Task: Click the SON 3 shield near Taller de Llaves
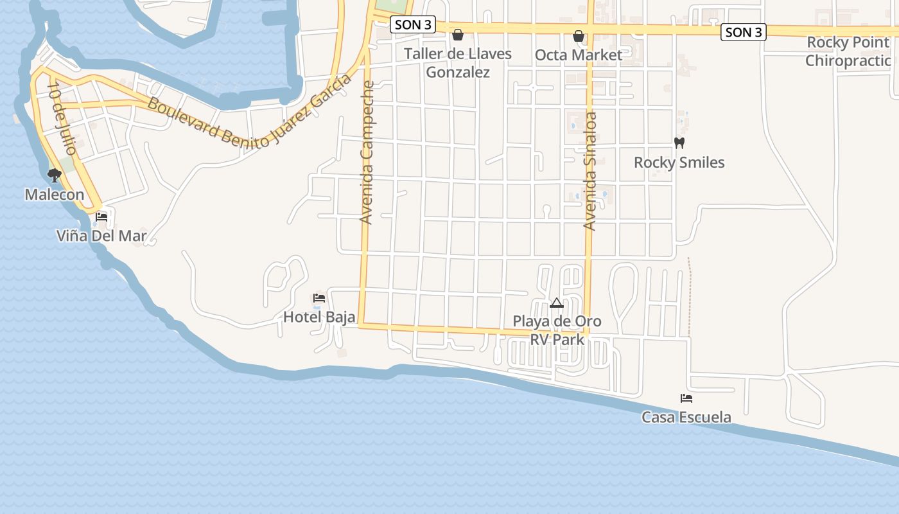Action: point(413,25)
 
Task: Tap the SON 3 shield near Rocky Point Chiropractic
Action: point(744,32)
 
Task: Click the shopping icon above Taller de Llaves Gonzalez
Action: point(458,35)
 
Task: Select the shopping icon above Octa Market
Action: point(579,36)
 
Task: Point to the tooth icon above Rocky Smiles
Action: point(679,143)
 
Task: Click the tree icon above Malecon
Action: point(55,175)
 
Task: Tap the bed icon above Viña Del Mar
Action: point(101,217)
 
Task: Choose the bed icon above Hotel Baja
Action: point(319,298)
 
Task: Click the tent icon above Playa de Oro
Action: point(557,303)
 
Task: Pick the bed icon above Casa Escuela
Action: point(686,398)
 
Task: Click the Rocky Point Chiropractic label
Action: point(848,52)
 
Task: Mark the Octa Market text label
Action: point(579,55)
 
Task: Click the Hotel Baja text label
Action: point(319,317)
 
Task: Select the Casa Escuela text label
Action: point(686,418)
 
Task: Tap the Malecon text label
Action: point(55,195)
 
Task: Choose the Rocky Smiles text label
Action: point(679,163)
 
